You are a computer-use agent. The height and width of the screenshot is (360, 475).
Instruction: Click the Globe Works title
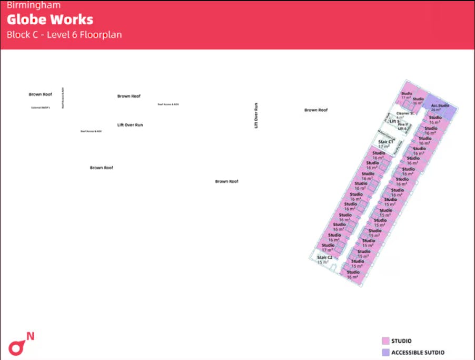coord(50,20)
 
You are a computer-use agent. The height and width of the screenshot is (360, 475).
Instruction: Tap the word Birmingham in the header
coord(34,6)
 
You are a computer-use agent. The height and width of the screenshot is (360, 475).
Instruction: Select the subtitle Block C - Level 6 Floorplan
coord(64,35)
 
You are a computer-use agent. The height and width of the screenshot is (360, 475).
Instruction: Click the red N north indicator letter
coord(31,336)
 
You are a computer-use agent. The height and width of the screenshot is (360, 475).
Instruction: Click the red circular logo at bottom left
coord(17,347)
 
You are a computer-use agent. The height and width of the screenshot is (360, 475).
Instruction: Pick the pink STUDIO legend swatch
coord(385,341)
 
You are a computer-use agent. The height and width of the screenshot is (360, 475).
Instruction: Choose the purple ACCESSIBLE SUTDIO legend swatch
coord(385,352)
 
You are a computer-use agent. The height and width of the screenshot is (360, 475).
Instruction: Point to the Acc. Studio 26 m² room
coord(440,107)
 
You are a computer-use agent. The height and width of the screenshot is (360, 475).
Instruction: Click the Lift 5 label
coord(395,122)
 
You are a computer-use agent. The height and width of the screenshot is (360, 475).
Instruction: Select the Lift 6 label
coord(402,129)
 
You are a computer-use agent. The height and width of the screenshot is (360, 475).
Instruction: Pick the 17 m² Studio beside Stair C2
coord(328,247)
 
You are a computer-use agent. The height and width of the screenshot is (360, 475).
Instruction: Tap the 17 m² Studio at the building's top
coord(406,95)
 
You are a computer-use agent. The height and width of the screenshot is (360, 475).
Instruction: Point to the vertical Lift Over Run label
coord(256,115)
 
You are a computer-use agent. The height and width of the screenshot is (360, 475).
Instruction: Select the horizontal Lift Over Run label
coord(130,125)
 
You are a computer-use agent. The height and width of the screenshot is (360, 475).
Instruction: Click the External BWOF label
coord(41,108)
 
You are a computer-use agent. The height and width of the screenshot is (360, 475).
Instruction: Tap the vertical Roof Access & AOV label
coord(63,98)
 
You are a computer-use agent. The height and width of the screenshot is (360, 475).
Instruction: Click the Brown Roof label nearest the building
coord(316,110)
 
